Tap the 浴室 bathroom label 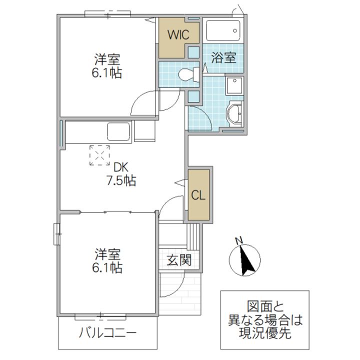point(223,57)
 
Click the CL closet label point(198,195)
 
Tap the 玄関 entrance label point(177,260)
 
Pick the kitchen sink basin point(119,132)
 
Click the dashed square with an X point(99,155)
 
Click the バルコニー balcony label point(107,332)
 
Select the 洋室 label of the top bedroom point(107,59)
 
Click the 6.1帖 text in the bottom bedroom point(107,267)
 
